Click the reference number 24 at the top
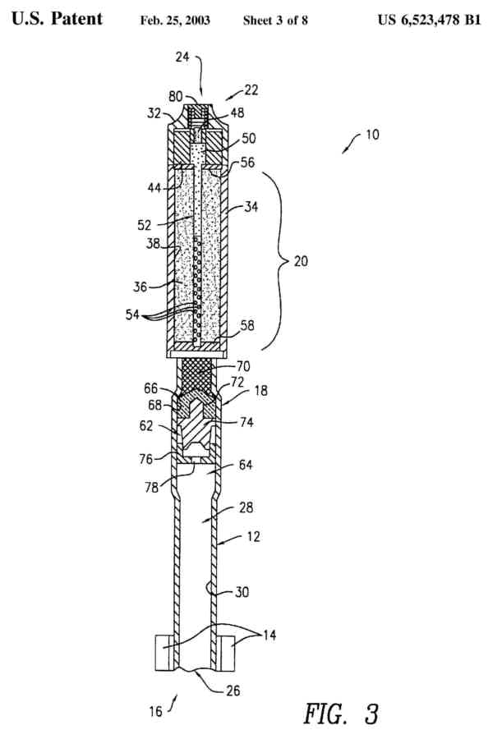click(x=182, y=57)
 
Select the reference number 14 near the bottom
click(x=265, y=636)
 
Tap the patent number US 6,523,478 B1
click(x=429, y=19)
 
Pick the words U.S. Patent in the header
click(x=57, y=19)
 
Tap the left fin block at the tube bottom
click(x=164, y=653)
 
